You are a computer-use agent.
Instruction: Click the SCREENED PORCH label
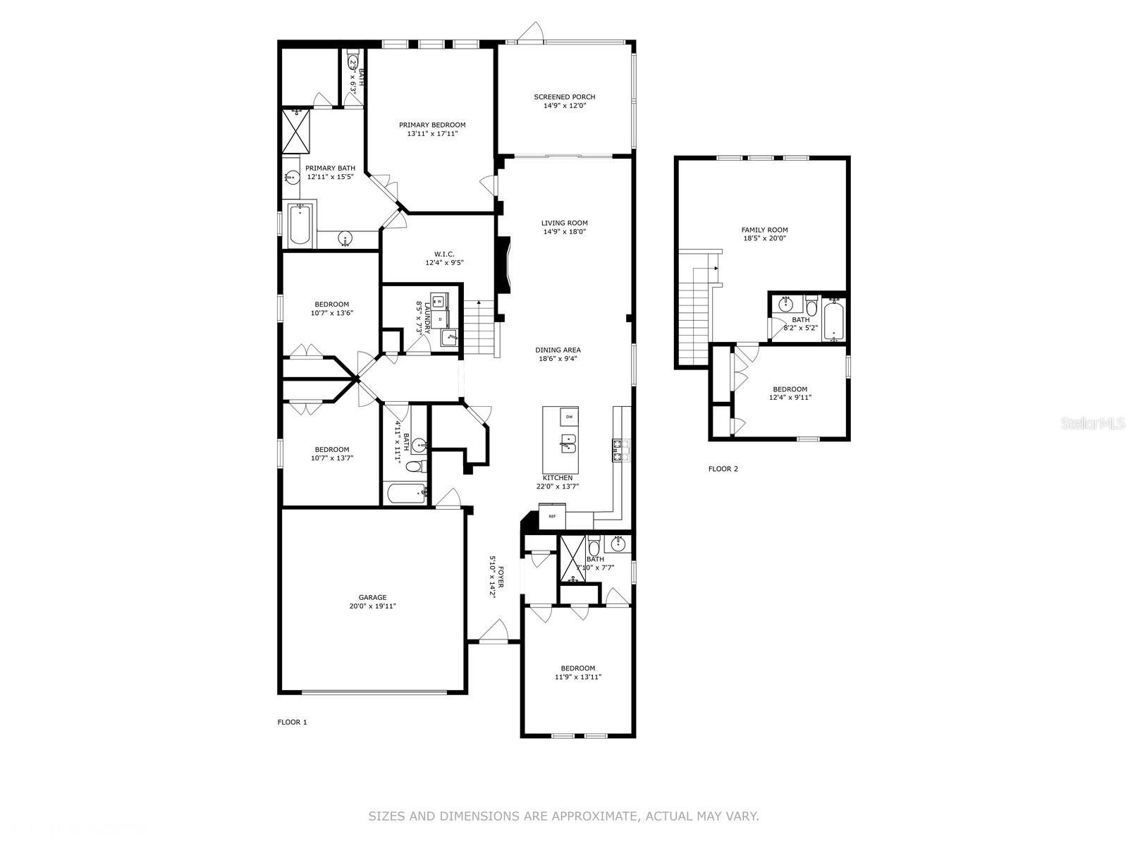[x=564, y=97]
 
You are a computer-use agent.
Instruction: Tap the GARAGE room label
[x=372, y=597]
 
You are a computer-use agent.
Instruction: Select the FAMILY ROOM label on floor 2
[x=764, y=230]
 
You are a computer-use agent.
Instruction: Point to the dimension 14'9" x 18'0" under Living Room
[x=564, y=232]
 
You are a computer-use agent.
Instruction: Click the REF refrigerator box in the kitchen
[x=552, y=516]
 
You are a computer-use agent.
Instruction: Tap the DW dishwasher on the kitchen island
[x=569, y=417]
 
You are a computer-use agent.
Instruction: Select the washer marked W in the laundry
[x=439, y=301]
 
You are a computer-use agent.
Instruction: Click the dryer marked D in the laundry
[x=440, y=319]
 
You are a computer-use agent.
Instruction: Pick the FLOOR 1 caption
[x=292, y=722]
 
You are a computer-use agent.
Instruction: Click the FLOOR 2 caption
[x=723, y=468]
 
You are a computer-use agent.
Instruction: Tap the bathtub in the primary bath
[x=299, y=226]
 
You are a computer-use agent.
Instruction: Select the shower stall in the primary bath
[x=296, y=132]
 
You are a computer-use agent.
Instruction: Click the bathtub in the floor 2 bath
[x=833, y=319]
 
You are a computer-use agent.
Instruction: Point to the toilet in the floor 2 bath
[x=811, y=306]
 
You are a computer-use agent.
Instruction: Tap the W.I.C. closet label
[x=444, y=254]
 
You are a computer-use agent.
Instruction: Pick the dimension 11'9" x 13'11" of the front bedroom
[x=577, y=677]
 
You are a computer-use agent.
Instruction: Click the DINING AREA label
[x=558, y=350]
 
